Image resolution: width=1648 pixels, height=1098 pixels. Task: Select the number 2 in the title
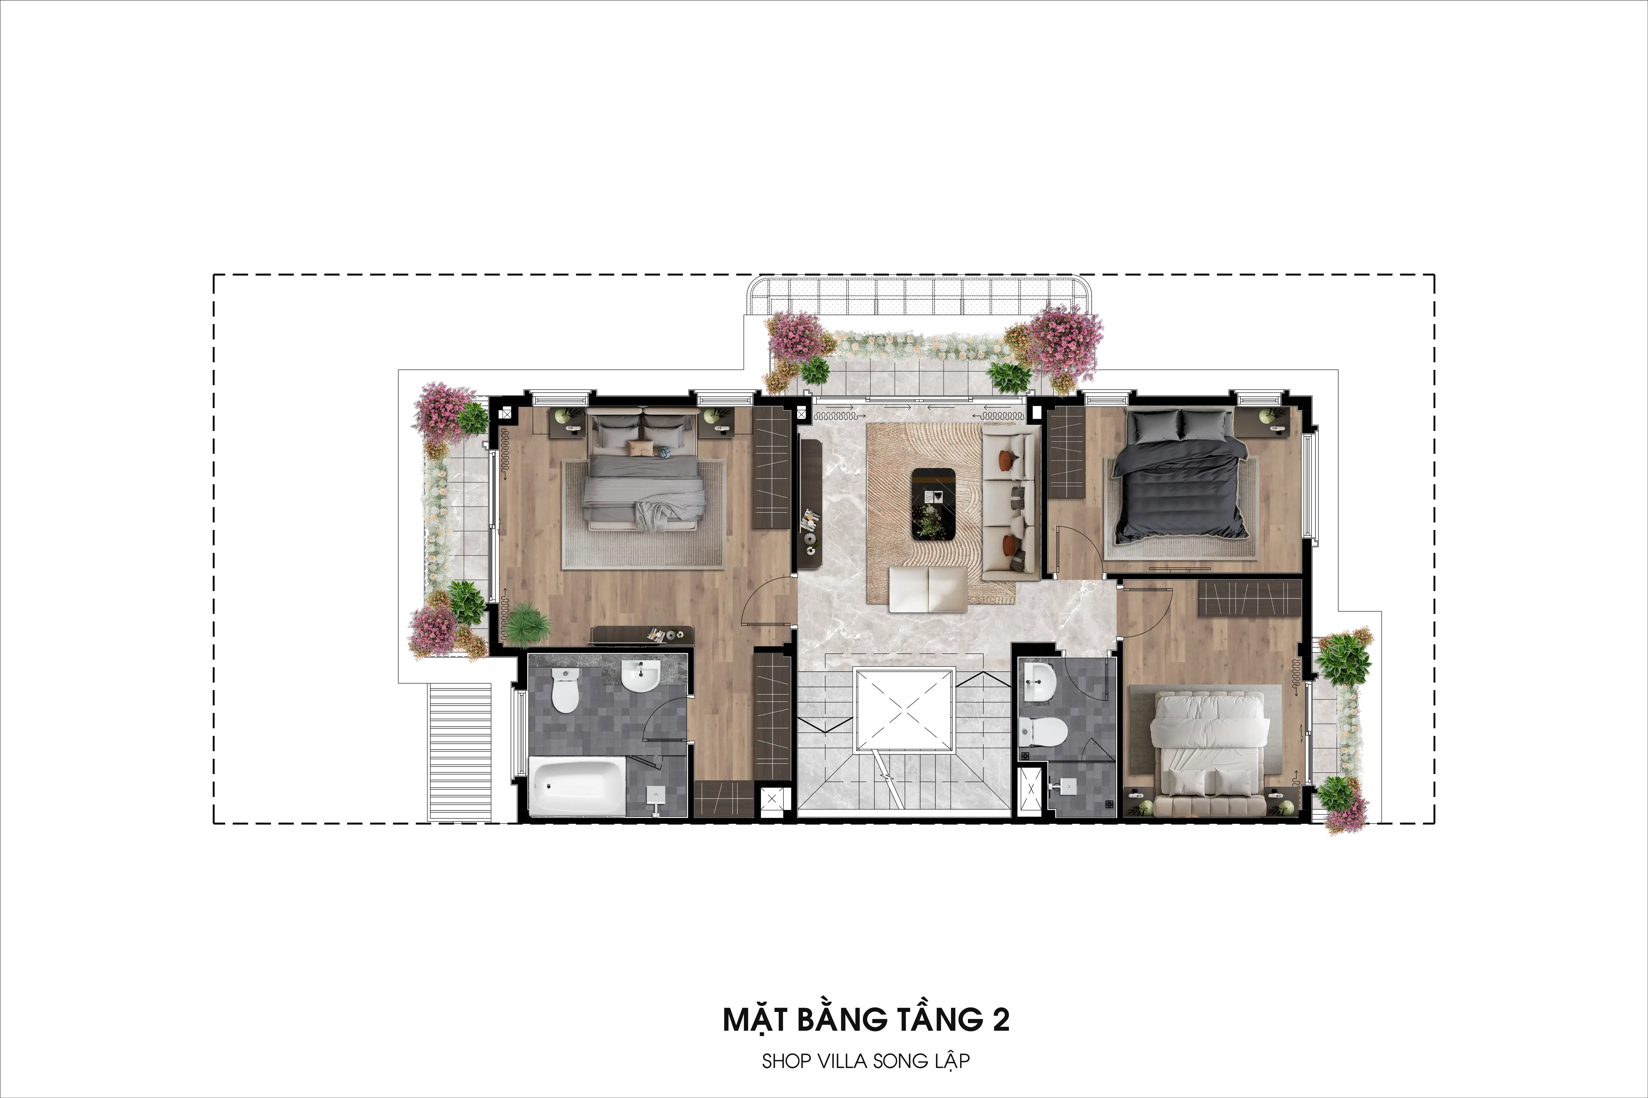(x=1001, y=1020)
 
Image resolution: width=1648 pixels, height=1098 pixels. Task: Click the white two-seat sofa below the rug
(x=928, y=588)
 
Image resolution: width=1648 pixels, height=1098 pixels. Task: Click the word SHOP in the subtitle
(x=785, y=1061)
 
